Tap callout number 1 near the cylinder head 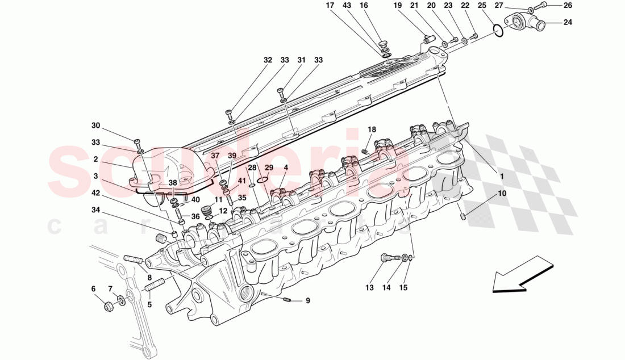502,176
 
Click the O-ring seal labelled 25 496,30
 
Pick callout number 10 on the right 501,194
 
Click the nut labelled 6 109,307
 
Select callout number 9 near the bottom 307,301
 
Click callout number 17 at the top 330,6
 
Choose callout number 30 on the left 95,125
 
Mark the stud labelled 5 156,286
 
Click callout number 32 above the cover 268,60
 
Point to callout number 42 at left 95,193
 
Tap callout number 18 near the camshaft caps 372,130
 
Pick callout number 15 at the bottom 403,288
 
